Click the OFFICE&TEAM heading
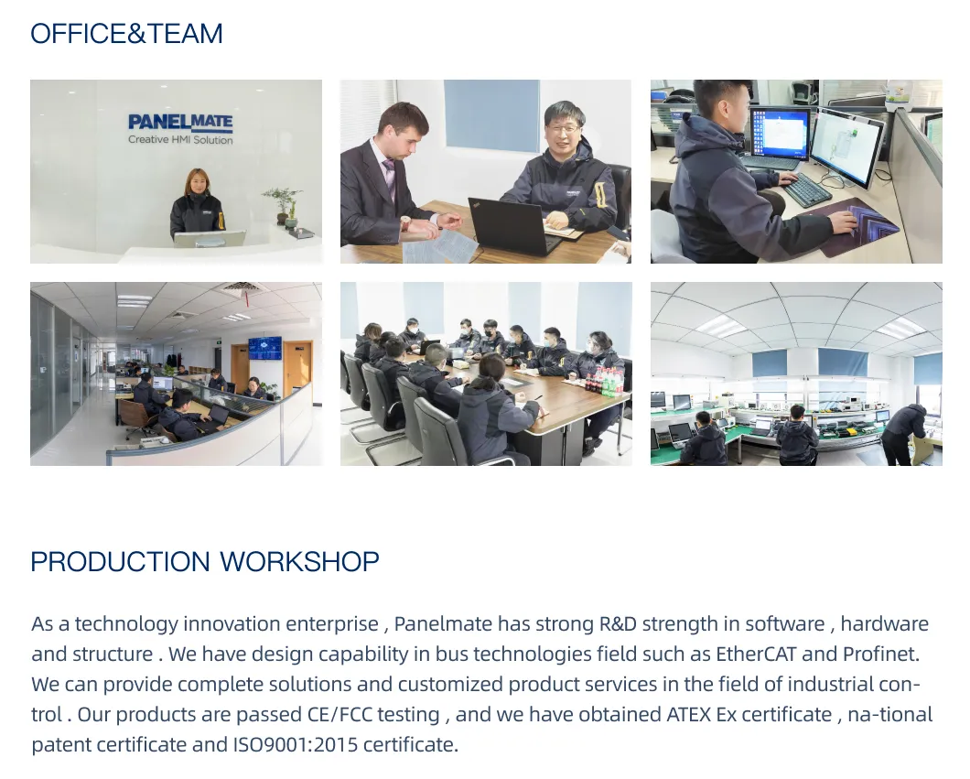click(x=126, y=34)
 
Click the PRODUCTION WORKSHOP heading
click(x=204, y=561)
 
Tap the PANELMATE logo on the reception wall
click(x=180, y=123)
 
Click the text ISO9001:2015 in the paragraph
click(x=290, y=744)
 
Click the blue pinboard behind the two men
click(x=491, y=114)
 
